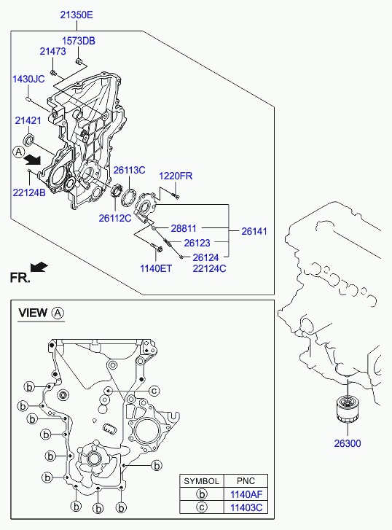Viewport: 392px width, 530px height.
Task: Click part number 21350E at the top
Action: (77, 15)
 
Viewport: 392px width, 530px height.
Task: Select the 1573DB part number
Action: (79, 41)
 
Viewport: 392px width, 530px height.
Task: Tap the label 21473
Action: (52, 51)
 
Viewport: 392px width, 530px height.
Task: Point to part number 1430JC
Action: (28, 79)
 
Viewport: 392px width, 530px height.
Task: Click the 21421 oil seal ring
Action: (28, 139)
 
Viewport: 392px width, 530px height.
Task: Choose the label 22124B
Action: (29, 192)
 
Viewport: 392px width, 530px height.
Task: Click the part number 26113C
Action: (129, 170)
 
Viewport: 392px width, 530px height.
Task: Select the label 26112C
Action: (115, 219)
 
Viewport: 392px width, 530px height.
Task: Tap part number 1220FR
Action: (176, 176)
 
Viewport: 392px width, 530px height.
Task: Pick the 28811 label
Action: (184, 228)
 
